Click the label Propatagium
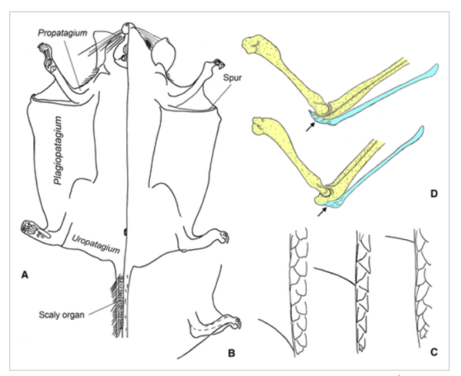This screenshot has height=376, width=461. coord(63,33)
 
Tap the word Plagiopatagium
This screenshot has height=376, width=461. coord(59,150)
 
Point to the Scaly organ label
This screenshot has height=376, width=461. coord(62,315)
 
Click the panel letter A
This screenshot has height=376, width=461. coord(25,275)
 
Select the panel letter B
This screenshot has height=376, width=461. coord(231,353)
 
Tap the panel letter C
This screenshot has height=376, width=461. coord(434,352)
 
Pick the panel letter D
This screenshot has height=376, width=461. coord(434,194)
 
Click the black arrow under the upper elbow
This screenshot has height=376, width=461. coord(310,127)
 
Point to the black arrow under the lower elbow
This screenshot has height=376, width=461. coord(322,212)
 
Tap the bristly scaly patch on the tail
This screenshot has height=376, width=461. coord(118,306)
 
